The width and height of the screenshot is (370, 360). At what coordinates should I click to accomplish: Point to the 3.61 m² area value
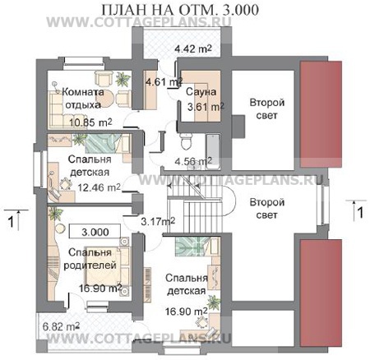(204, 106)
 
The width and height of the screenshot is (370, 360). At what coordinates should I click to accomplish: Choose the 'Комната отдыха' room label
(81, 99)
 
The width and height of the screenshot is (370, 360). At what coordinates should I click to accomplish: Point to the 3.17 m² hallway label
(157, 220)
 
